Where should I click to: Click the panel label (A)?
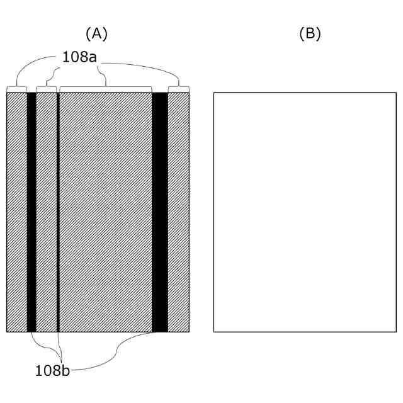point(96,34)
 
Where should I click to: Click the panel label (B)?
point(310,34)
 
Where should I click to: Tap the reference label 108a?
point(80,57)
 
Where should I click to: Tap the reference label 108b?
point(52,370)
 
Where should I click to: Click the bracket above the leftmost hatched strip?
point(16,88)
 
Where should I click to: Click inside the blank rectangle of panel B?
point(305,212)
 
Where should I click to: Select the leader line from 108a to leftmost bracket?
point(31,63)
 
